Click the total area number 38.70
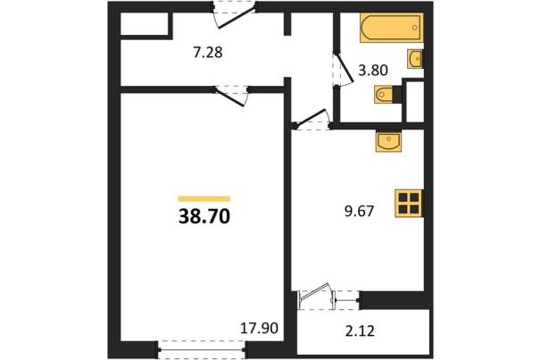pyautogui.click(x=204, y=217)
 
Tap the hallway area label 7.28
pyautogui.click(x=208, y=53)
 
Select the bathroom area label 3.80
pyautogui.click(x=373, y=71)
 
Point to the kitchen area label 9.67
pyautogui.click(x=359, y=211)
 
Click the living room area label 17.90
pyautogui.click(x=259, y=328)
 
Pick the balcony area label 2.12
pyautogui.click(x=360, y=331)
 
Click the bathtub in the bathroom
pyautogui.click(x=392, y=28)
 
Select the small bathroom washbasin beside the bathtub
pyautogui.click(x=415, y=59)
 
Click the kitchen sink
pyautogui.click(x=389, y=141)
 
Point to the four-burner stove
pyautogui.click(x=409, y=204)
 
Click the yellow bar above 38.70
pyautogui.click(x=204, y=198)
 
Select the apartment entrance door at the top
pyautogui.click(x=234, y=16)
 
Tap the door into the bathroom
pyautogui.click(x=343, y=70)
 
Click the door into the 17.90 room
pyautogui.click(x=231, y=96)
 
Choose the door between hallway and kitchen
pyautogui.click(x=312, y=120)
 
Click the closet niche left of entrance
pyautogui.click(x=144, y=24)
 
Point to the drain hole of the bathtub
pyautogui.click(x=415, y=27)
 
